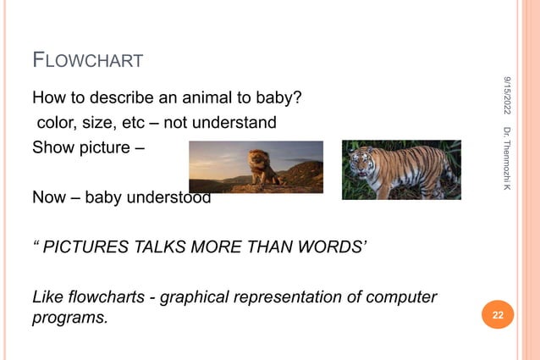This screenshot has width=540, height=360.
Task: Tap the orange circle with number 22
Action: [498, 317]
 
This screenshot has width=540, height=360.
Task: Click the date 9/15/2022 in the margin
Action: [506, 96]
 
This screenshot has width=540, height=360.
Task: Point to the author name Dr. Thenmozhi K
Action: [506, 158]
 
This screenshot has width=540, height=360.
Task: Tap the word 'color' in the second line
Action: [56, 123]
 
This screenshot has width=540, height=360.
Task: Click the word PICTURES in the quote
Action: [83, 248]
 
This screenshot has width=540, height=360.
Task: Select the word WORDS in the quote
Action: [332, 248]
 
